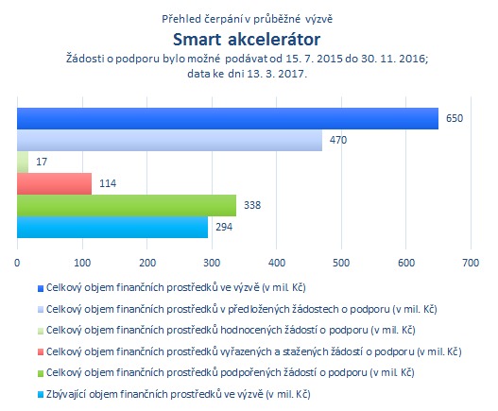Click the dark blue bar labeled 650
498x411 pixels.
click(x=228, y=118)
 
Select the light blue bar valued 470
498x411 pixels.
click(x=169, y=140)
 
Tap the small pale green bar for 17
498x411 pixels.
click(x=23, y=162)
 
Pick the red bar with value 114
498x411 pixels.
click(x=54, y=183)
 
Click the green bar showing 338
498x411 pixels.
click(x=127, y=205)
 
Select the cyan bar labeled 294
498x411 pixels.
click(x=112, y=227)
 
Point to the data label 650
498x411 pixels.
click(x=455, y=118)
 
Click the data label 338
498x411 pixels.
click(x=252, y=205)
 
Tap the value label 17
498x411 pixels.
click(x=42, y=162)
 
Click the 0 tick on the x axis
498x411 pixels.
click(x=17, y=263)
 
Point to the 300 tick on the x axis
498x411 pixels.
click(x=212, y=263)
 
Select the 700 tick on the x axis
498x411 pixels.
click(x=471, y=263)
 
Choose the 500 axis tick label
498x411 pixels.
click(x=341, y=263)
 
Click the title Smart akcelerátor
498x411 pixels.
click(x=247, y=40)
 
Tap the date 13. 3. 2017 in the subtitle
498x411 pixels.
click(x=276, y=74)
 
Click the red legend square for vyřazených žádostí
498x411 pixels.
click(x=41, y=351)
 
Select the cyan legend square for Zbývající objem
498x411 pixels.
click(x=41, y=395)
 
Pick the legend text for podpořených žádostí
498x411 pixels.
click(x=231, y=372)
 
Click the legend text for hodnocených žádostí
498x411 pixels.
click(x=231, y=331)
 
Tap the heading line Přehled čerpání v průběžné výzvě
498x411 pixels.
click(x=247, y=19)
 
